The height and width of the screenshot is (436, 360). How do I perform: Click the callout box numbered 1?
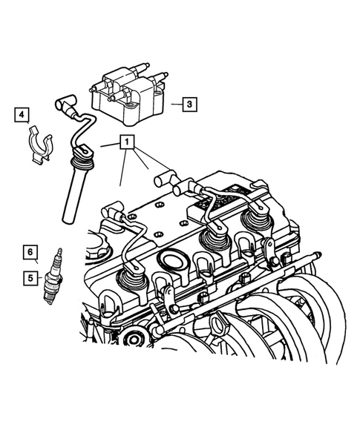click(x=128, y=142)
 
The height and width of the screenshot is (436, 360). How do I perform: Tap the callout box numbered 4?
click(x=23, y=114)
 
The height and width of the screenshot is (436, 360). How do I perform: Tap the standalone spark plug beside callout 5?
click(x=54, y=275)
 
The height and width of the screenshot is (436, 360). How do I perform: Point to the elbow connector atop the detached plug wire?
click(x=63, y=105)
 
